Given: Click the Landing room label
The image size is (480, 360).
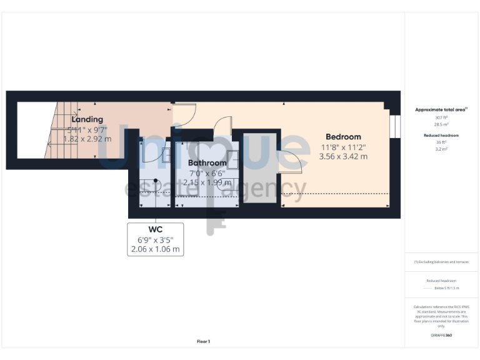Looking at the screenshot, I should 87,119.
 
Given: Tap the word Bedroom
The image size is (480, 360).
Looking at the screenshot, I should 343,137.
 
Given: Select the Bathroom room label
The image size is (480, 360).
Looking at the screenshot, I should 207,163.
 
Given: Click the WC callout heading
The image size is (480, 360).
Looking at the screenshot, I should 155,229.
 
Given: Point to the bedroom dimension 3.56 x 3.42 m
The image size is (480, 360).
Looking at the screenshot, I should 343,157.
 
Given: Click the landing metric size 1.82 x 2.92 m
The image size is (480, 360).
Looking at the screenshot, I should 89,139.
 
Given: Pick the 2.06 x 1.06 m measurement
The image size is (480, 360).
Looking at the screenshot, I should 155,249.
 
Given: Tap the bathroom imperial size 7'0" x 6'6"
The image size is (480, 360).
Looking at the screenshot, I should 207,173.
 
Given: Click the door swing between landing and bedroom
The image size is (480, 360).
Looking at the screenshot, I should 186,113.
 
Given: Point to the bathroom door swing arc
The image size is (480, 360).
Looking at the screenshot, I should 223,126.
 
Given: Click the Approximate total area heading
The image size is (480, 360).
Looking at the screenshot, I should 441,109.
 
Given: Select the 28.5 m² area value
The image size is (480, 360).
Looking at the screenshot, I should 441,124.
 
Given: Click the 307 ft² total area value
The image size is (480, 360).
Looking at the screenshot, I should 441,117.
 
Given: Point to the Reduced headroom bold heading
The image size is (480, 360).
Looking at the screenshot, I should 441,135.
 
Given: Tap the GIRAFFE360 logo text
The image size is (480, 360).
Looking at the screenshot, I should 441,336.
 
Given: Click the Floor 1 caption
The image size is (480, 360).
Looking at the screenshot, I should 204,341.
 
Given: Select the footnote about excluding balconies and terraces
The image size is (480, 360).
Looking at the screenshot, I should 441,262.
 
